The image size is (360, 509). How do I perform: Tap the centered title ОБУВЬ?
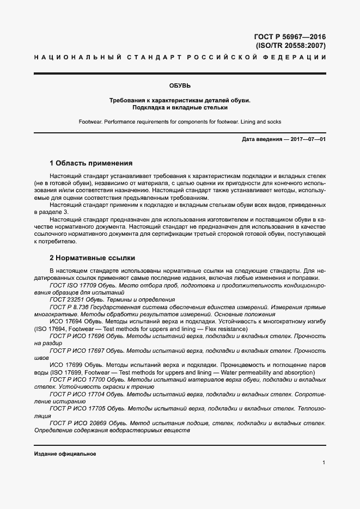pos(180,85)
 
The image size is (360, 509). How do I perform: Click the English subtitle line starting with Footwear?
pos(180,121)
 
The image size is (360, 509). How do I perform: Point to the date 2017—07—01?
pos(307,140)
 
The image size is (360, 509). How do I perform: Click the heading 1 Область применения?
pos(91,163)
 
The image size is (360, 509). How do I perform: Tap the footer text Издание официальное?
pos(65,453)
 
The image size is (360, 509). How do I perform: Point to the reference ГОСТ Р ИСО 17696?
pos(76,336)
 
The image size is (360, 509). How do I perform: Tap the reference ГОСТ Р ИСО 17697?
pos(76,351)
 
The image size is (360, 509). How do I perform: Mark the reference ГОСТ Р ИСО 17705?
pos(76,408)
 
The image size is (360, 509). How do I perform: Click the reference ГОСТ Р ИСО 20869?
pos(76,422)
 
